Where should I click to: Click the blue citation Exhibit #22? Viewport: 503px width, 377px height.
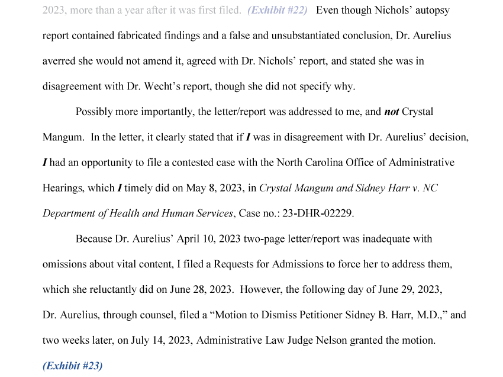click(x=278, y=10)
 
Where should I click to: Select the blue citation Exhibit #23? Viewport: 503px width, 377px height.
click(x=72, y=366)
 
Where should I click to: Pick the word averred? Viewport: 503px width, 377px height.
click(x=59, y=61)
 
